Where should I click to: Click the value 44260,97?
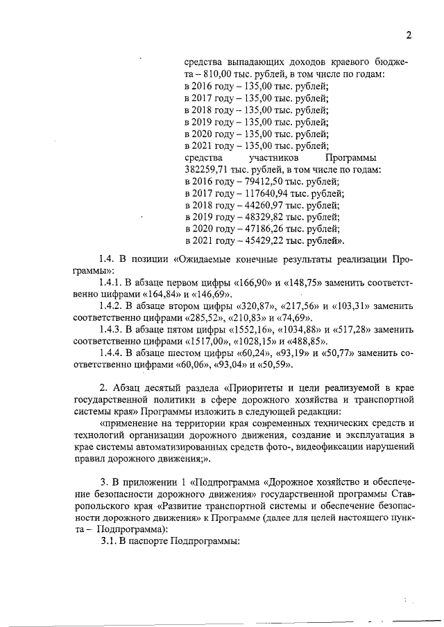253,205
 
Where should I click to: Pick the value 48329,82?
253,217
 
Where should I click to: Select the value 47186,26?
253,229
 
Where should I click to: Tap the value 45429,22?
253,240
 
